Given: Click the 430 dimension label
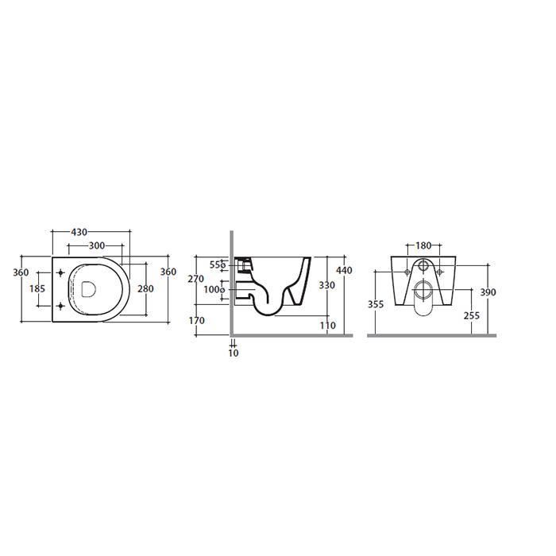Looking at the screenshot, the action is [x=79, y=232].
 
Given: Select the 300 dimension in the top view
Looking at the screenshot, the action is [x=96, y=245].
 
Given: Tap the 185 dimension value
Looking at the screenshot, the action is [x=37, y=288].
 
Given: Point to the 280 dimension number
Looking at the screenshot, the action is [x=145, y=288].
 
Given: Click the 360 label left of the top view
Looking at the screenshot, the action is [x=21, y=272].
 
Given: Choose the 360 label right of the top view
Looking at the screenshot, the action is [x=168, y=272].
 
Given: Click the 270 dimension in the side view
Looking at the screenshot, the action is [x=195, y=279].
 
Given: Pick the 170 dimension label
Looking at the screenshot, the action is [x=197, y=321].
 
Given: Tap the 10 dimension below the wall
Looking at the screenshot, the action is [x=234, y=353].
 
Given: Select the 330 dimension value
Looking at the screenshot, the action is [x=326, y=284].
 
